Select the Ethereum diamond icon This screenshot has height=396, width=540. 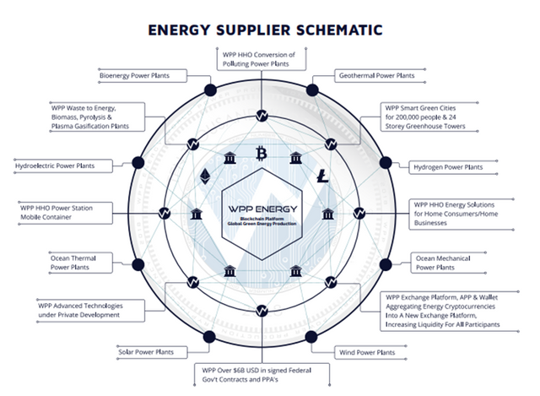(x=205, y=177)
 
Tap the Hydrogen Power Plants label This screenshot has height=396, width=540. (x=449, y=166)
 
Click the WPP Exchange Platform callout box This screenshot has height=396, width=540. (x=451, y=311)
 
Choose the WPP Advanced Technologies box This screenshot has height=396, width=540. (x=86, y=309)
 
